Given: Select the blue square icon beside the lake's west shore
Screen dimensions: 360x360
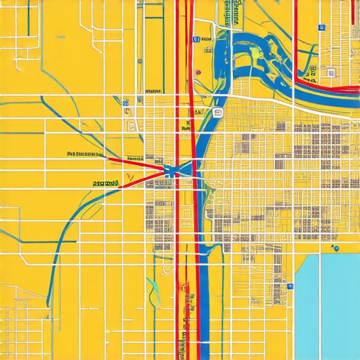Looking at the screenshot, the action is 290,286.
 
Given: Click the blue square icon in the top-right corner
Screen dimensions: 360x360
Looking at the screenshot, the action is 322,27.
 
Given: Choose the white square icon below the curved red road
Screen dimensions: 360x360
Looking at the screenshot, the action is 330,72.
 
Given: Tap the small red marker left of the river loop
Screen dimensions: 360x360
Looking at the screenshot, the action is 198,72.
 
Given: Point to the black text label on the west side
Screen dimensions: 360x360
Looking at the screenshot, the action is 85,153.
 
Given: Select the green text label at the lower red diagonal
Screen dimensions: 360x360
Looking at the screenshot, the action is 105,183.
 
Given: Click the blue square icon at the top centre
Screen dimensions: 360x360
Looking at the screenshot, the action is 198,39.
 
